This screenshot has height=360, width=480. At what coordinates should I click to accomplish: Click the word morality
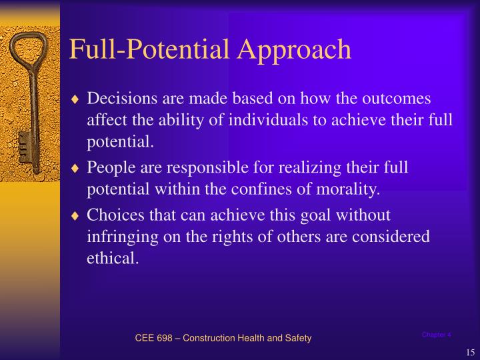[x=349, y=189]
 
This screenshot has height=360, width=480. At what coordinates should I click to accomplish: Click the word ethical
[x=113, y=259]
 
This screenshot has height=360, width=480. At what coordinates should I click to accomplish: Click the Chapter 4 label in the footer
[x=437, y=335]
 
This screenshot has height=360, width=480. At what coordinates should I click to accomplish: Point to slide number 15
[x=469, y=353]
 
